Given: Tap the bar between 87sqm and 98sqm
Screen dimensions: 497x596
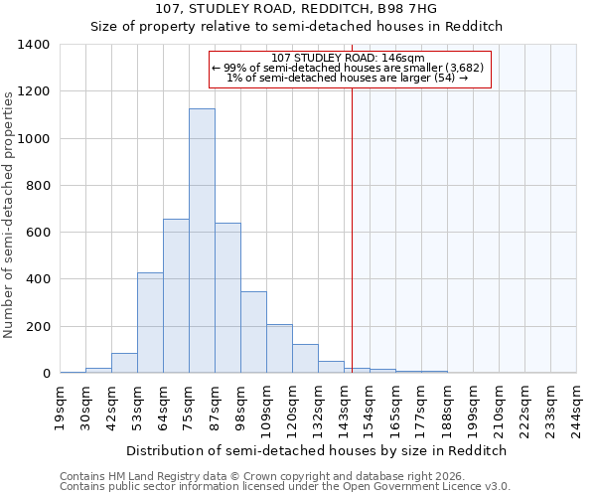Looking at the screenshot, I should [227, 298].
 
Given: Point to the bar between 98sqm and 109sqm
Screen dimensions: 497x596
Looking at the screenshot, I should [253, 332].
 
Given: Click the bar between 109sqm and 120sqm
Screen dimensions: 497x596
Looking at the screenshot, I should [279, 349].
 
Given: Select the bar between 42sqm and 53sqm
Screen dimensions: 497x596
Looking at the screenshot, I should [124, 363].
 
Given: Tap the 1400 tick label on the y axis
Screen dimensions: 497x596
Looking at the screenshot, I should [34, 45].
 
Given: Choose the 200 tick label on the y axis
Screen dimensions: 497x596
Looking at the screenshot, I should [38, 327].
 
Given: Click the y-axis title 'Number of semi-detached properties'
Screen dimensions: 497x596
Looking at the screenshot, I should [9, 214].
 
